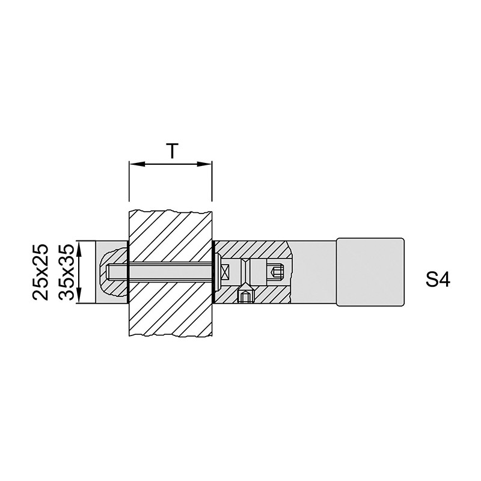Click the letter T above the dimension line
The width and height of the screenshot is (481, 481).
pyautogui.click(x=173, y=151)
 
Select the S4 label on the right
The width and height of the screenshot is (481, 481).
pyautogui.click(x=438, y=280)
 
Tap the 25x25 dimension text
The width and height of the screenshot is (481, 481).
pyautogui.click(x=41, y=272)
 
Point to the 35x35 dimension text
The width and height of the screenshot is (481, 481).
pyautogui.click(x=67, y=272)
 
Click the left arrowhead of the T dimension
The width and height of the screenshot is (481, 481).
pyautogui.click(x=137, y=164)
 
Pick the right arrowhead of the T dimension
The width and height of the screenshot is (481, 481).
pyautogui.click(x=204, y=164)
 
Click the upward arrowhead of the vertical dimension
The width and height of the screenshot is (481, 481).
pyautogui.click(x=79, y=248)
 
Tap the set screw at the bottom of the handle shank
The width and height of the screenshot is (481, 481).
pyautogui.click(x=245, y=295)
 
